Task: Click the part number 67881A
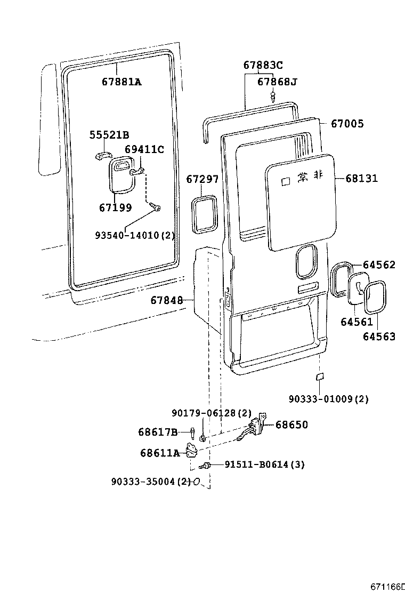tap(122, 82)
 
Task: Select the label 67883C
tap(263, 66)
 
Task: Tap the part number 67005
tap(347, 124)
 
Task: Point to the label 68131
tap(361, 178)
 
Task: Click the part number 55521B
tap(109, 135)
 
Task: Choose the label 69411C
tap(144, 149)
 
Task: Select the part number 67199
tap(115, 207)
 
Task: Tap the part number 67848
tap(166, 301)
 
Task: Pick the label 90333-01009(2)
tap(329, 398)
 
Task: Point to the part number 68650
tap(291, 425)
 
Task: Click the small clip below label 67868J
tap(273, 97)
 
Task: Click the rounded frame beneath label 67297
tap(203, 214)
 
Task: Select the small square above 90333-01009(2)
tap(319, 377)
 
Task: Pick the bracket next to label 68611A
tap(191, 451)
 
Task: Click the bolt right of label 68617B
tap(192, 433)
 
